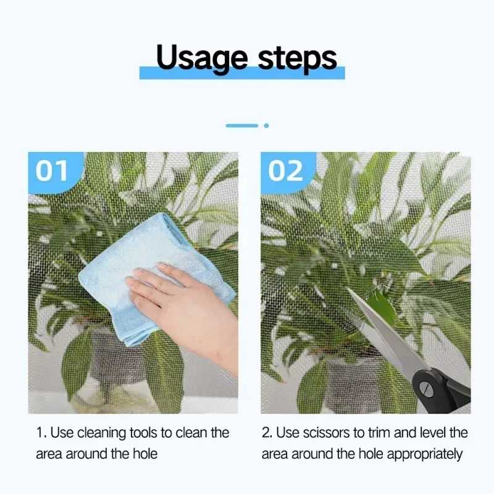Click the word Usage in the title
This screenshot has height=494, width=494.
tap(202, 58)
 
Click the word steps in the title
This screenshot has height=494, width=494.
tap(298, 59)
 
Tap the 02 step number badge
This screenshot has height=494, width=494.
tap(287, 172)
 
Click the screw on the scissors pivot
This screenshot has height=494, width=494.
tap(426, 388)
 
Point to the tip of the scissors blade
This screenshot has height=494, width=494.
tap(348, 288)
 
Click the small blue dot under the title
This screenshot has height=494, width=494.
tap(266, 126)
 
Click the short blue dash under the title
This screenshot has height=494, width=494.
tap(242, 126)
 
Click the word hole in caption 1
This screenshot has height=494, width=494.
tap(145, 454)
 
